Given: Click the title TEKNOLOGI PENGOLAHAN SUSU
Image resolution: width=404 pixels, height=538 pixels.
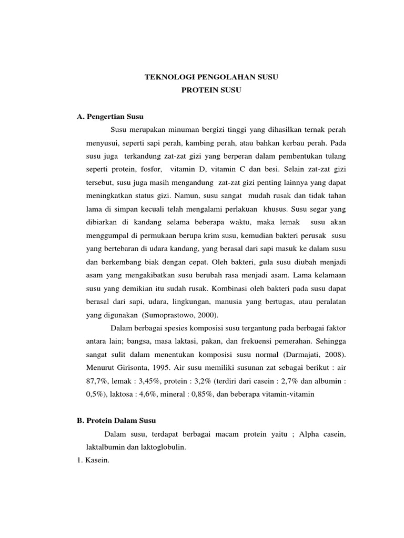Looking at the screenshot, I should coord(211,77).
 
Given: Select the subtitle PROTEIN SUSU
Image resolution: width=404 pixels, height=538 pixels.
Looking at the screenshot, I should coord(211,90).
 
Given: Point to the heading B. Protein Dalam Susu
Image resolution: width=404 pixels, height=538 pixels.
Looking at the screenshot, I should coord(113,421).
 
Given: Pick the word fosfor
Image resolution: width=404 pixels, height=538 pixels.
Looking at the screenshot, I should coord(151,170).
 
